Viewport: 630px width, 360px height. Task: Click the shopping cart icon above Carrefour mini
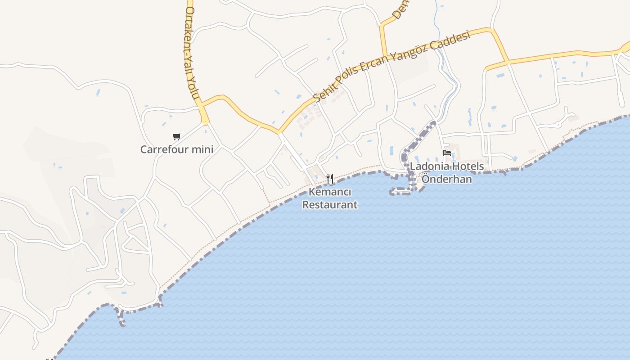(x=177, y=136)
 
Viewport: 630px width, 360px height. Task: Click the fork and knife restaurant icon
(x=330, y=179)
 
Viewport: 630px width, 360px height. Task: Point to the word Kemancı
(x=330, y=192)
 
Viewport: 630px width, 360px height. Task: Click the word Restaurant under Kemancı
(x=330, y=205)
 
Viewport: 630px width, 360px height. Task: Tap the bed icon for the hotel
(x=447, y=153)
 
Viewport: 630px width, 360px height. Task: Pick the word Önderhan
(x=446, y=179)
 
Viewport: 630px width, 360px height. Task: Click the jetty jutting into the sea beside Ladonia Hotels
(x=402, y=192)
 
